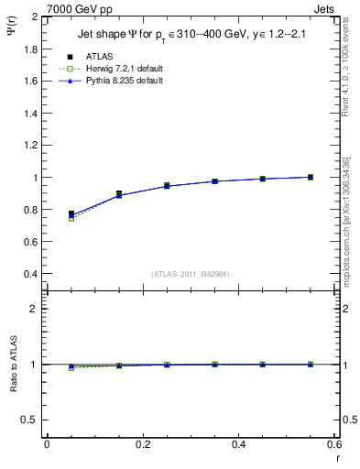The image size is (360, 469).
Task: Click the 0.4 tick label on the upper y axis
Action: [x=30, y=274]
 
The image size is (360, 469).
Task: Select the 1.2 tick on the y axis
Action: [x=30, y=145]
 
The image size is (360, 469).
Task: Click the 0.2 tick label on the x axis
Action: [x=142, y=444]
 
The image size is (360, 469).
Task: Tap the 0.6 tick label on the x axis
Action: [x=333, y=444]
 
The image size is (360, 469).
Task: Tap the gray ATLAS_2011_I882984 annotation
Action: [x=190, y=273]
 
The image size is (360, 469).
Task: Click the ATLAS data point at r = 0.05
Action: [x=71, y=213]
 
